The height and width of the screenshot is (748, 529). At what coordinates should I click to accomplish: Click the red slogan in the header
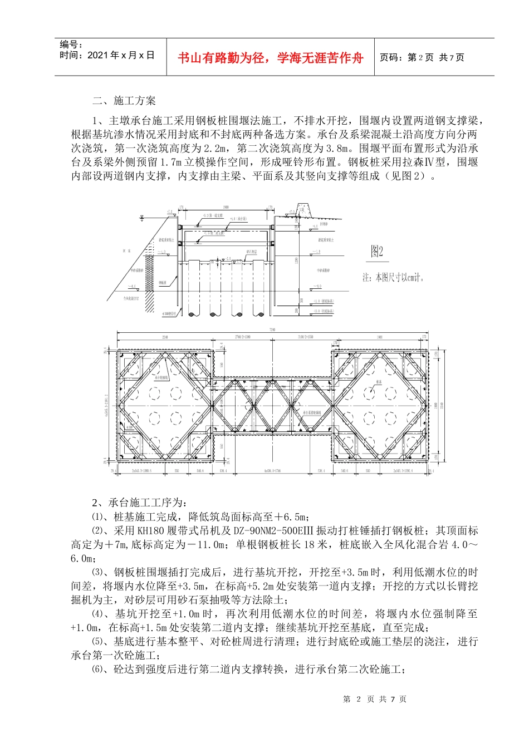(x=270, y=58)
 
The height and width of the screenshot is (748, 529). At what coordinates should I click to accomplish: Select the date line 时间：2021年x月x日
(x=107, y=56)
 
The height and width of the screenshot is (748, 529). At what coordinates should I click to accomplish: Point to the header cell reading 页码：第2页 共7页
(x=422, y=57)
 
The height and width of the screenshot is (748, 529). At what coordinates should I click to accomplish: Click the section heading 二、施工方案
(x=124, y=101)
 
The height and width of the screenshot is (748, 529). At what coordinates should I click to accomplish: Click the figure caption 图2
(x=377, y=252)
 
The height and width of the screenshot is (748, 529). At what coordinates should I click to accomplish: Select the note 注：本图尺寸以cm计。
(x=393, y=278)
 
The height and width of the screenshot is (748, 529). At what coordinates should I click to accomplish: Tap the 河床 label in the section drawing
(x=127, y=252)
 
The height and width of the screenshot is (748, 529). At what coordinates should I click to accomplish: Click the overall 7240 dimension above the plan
(x=272, y=330)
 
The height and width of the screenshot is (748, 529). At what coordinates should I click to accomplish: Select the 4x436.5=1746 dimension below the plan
(x=272, y=471)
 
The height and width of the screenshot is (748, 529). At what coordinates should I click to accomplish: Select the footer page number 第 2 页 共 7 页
(x=375, y=699)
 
